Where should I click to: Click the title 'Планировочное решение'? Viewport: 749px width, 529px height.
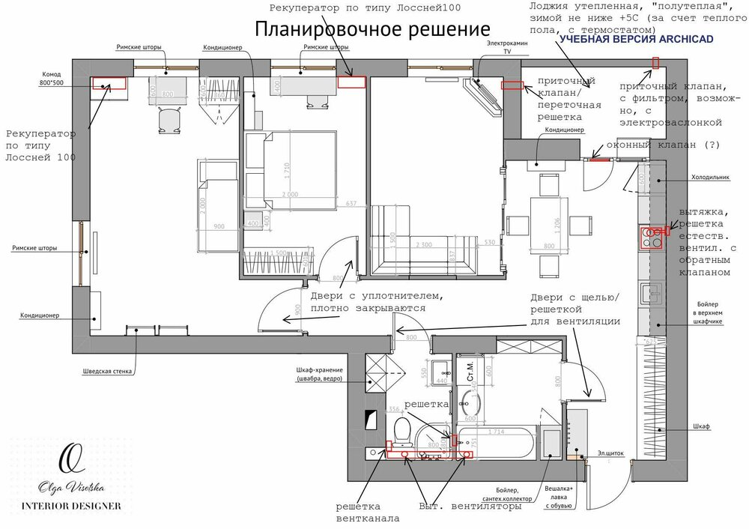(x=372, y=29)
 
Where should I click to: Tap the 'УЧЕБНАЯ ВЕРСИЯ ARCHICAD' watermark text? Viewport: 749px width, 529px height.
(x=637, y=39)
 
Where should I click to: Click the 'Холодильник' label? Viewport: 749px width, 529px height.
(x=709, y=178)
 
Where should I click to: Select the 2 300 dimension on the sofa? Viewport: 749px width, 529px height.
(x=423, y=244)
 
